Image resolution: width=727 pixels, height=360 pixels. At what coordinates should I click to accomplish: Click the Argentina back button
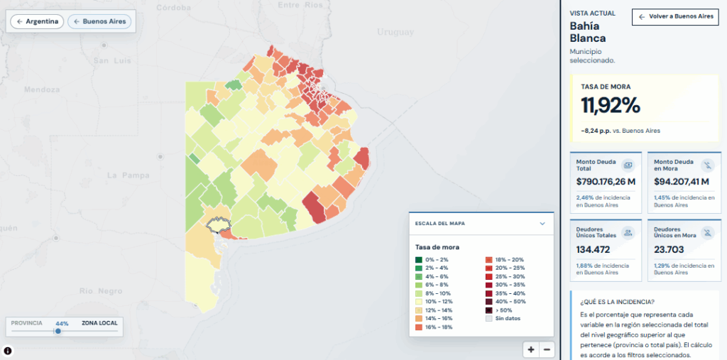[x=37, y=21]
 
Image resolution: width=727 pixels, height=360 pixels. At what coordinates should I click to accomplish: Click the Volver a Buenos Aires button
[x=676, y=17]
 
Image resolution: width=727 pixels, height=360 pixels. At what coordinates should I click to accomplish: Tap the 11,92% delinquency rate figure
[x=611, y=106]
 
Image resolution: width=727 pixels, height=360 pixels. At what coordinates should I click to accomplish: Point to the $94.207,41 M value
[x=682, y=181]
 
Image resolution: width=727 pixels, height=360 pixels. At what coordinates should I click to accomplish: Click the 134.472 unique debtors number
[x=593, y=250]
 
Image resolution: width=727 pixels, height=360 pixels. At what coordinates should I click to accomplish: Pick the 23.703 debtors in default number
[x=669, y=250]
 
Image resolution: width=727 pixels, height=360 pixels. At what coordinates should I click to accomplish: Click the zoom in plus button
[x=531, y=350]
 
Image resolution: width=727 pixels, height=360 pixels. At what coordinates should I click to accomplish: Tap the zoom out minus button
[x=547, y=350]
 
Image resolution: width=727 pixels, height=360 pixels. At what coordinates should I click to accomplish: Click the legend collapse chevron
[x=542, y=224]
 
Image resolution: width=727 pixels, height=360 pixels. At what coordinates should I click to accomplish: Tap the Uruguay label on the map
[x=395, y=32]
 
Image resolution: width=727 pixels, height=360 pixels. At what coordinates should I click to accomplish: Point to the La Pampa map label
[x=129, y=175]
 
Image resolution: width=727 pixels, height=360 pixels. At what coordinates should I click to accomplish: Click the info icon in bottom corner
[x=8, y=351]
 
